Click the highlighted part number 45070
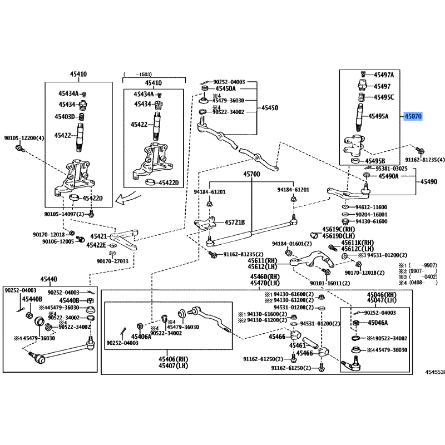tap(413, 116)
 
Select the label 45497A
tap(383, 75)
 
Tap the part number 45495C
tap(383, 97)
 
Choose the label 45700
tap(251, 175)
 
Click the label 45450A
tap(225, 88)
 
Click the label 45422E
tap(96, 245)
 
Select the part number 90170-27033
tap(112, 261)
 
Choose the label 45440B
tap(69, 300)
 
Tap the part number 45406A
tap(141, 336)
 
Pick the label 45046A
tap(377, 323)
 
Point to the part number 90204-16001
tap(372, 214)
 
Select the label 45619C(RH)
tap(338, 229)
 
